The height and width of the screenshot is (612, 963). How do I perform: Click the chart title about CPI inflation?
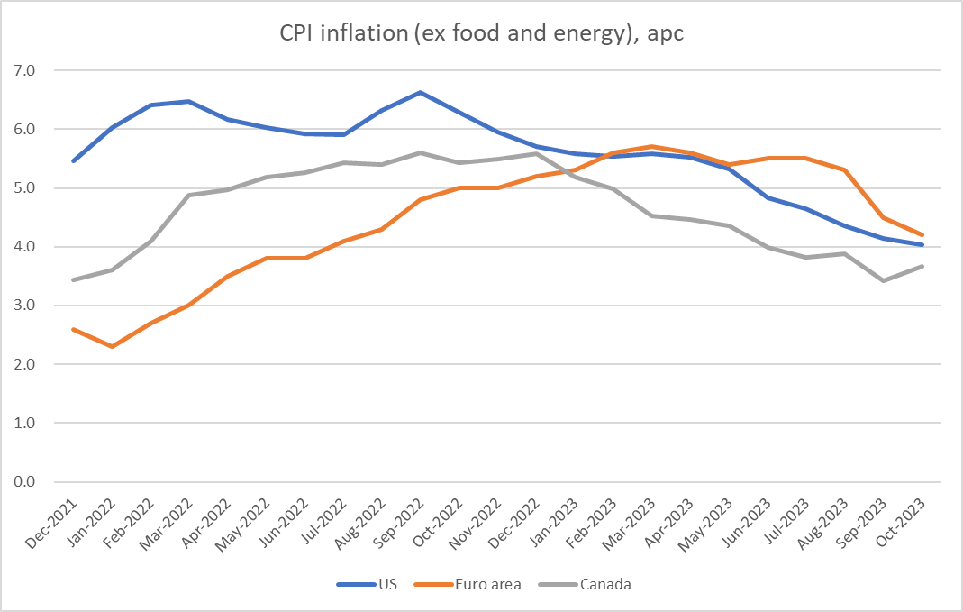click(481, 34)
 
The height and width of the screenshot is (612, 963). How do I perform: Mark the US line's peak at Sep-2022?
click(421, 92)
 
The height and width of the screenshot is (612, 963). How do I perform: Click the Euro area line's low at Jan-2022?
click(111, 346)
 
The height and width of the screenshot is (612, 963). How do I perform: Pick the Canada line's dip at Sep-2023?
click(884, 280)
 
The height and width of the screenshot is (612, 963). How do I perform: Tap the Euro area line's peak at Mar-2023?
click(652, 146)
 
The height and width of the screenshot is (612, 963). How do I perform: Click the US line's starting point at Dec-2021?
click(73, 160)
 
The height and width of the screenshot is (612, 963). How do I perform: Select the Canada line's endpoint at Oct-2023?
click(922, 266)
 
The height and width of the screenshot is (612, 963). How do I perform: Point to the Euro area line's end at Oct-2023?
click(922, 235)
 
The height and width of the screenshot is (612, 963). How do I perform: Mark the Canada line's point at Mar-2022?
click(188, 195)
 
